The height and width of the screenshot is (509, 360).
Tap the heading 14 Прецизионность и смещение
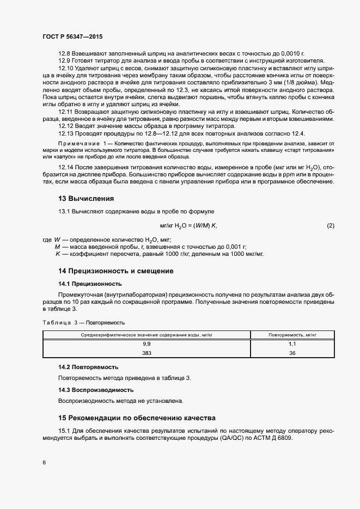[x=116, y=271]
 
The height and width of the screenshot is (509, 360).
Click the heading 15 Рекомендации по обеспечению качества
[x=137, y=418]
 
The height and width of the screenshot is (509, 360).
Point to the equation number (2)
[x=330, y=225]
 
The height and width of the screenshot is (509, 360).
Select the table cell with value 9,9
[x=147, y=345]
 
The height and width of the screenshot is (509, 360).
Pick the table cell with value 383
[x=147, y=353]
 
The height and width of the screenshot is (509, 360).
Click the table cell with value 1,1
[x=291, y=345]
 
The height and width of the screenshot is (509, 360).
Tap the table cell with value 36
[x=291, y=353]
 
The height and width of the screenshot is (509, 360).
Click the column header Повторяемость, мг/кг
[x=291, y=335]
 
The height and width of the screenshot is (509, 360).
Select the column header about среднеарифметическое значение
[x=147, y=335]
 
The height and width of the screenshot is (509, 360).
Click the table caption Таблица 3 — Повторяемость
[x=84, y=322]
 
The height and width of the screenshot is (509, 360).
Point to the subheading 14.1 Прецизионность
[x=90, y=284]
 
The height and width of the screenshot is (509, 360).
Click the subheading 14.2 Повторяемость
[x=88, y=367]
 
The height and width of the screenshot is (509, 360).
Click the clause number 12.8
[x=65, y=53]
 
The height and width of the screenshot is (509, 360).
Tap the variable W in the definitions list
[x=57, y=240]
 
